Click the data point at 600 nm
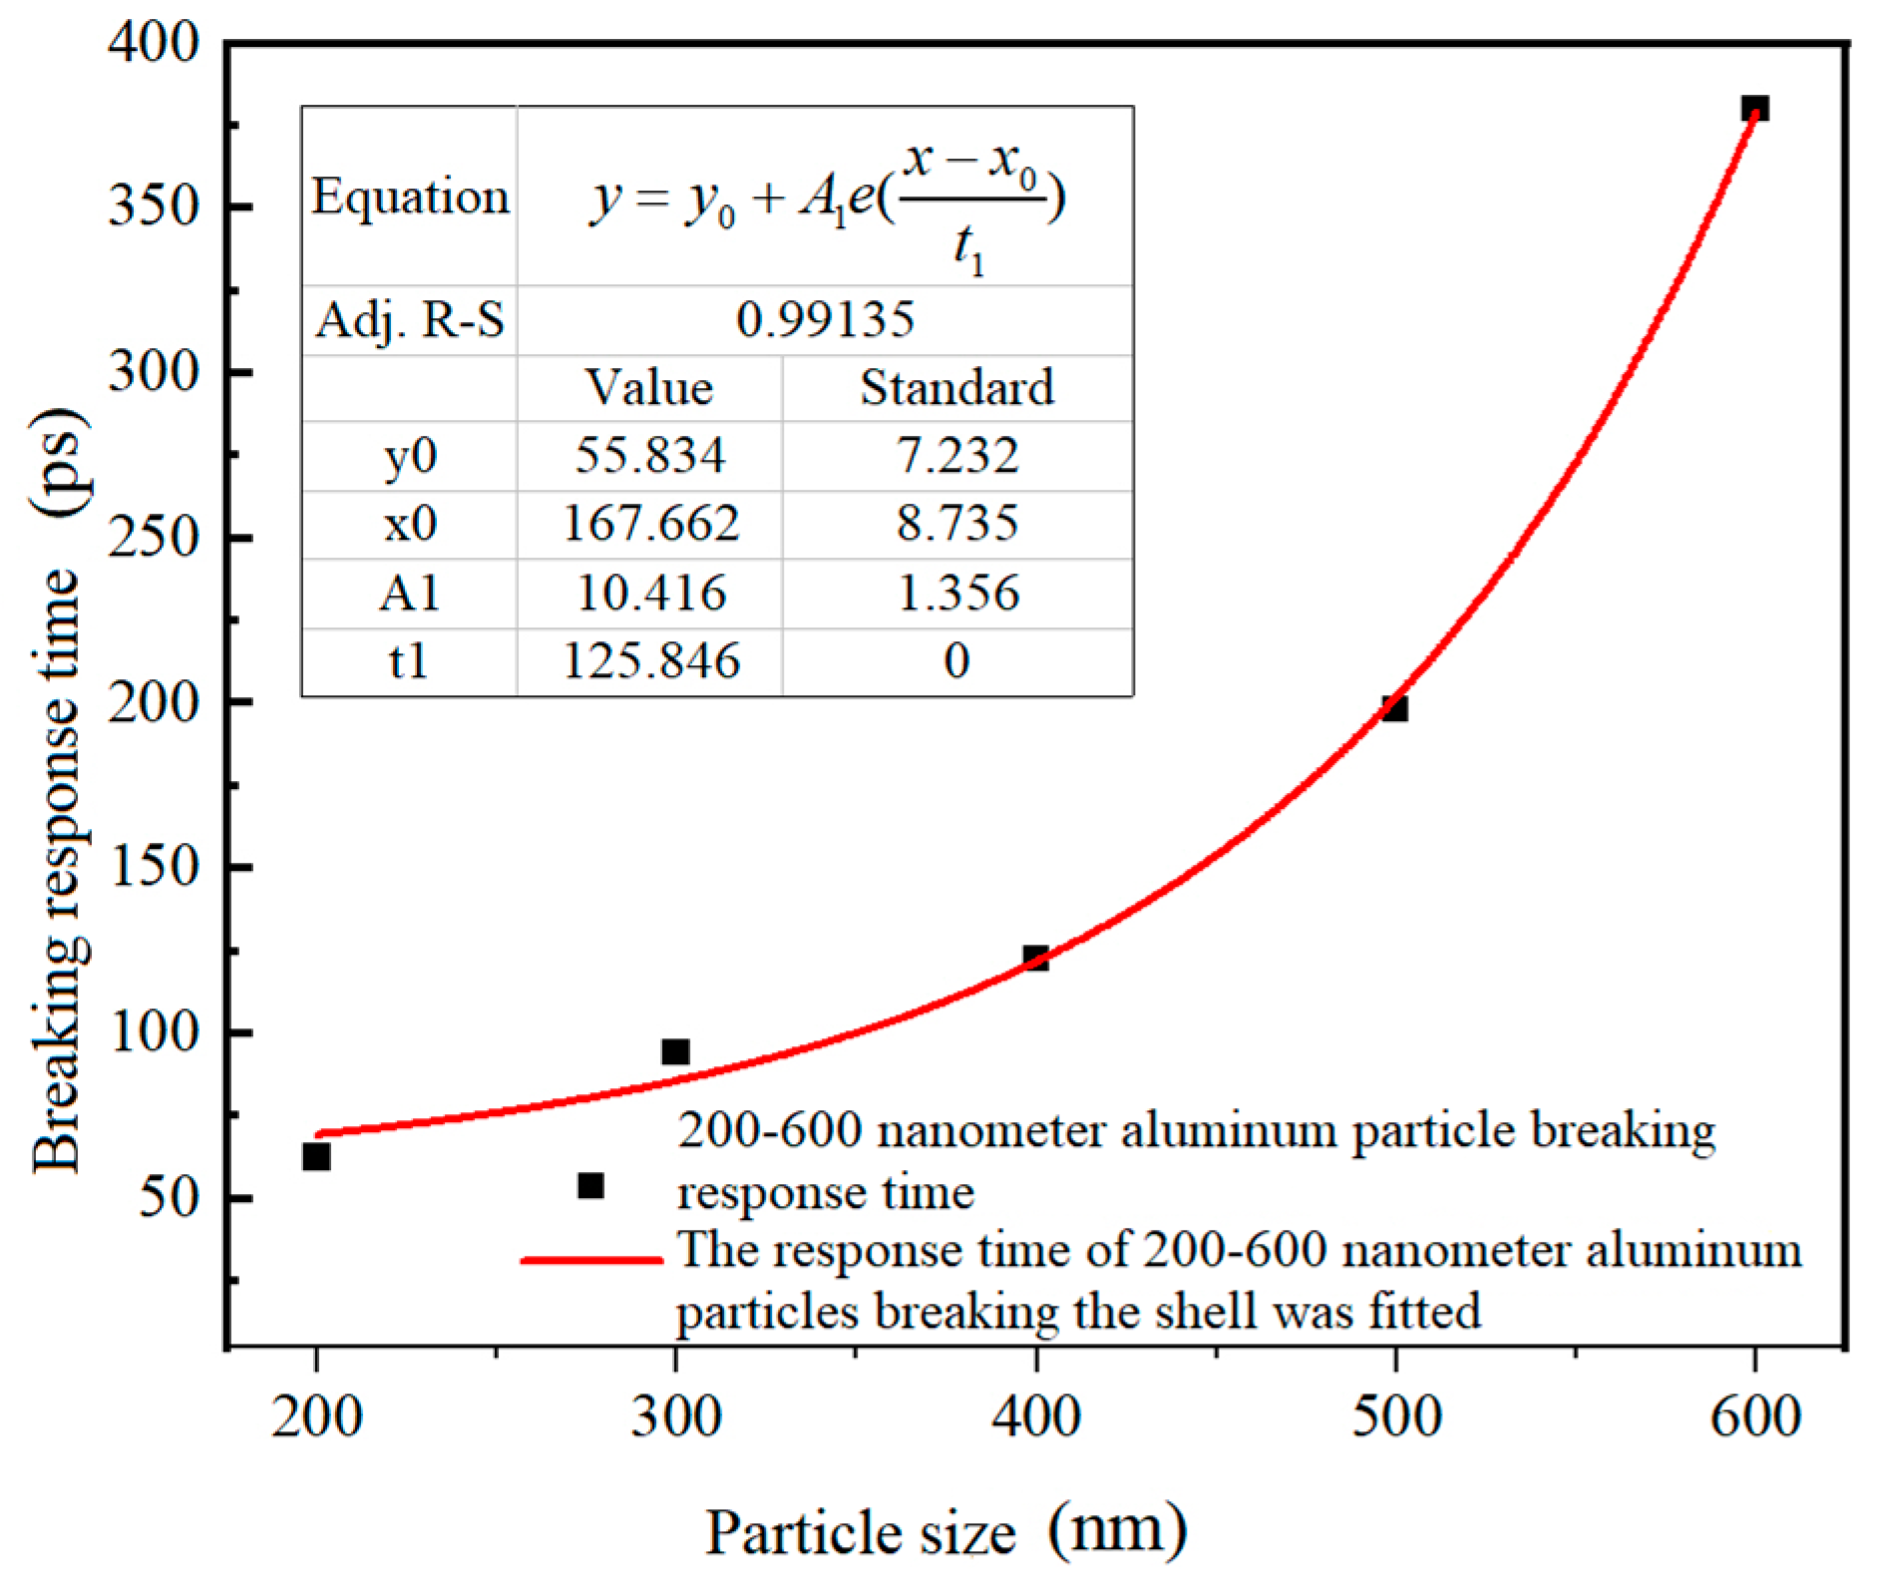click(1754, 108)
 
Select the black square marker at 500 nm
click(1394, 708)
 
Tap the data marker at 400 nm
click(1035, 958)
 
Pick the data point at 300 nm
click(675, 1051)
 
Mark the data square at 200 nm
click(316, 1156)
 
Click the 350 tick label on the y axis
click(154, 207)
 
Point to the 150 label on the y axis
click(154, 867)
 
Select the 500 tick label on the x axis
click(1395, 1416)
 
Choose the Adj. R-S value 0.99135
click(825, 320)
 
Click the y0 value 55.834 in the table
click(649, 456)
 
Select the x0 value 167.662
click(650, 524)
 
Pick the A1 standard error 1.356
click(957, 594)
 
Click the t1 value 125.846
click(650, 661)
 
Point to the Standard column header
click(956, 388)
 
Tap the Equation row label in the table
click(410, 197)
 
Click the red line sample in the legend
click(591, 1260)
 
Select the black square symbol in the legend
click(590, 1185)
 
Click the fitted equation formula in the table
click(826, 199)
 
